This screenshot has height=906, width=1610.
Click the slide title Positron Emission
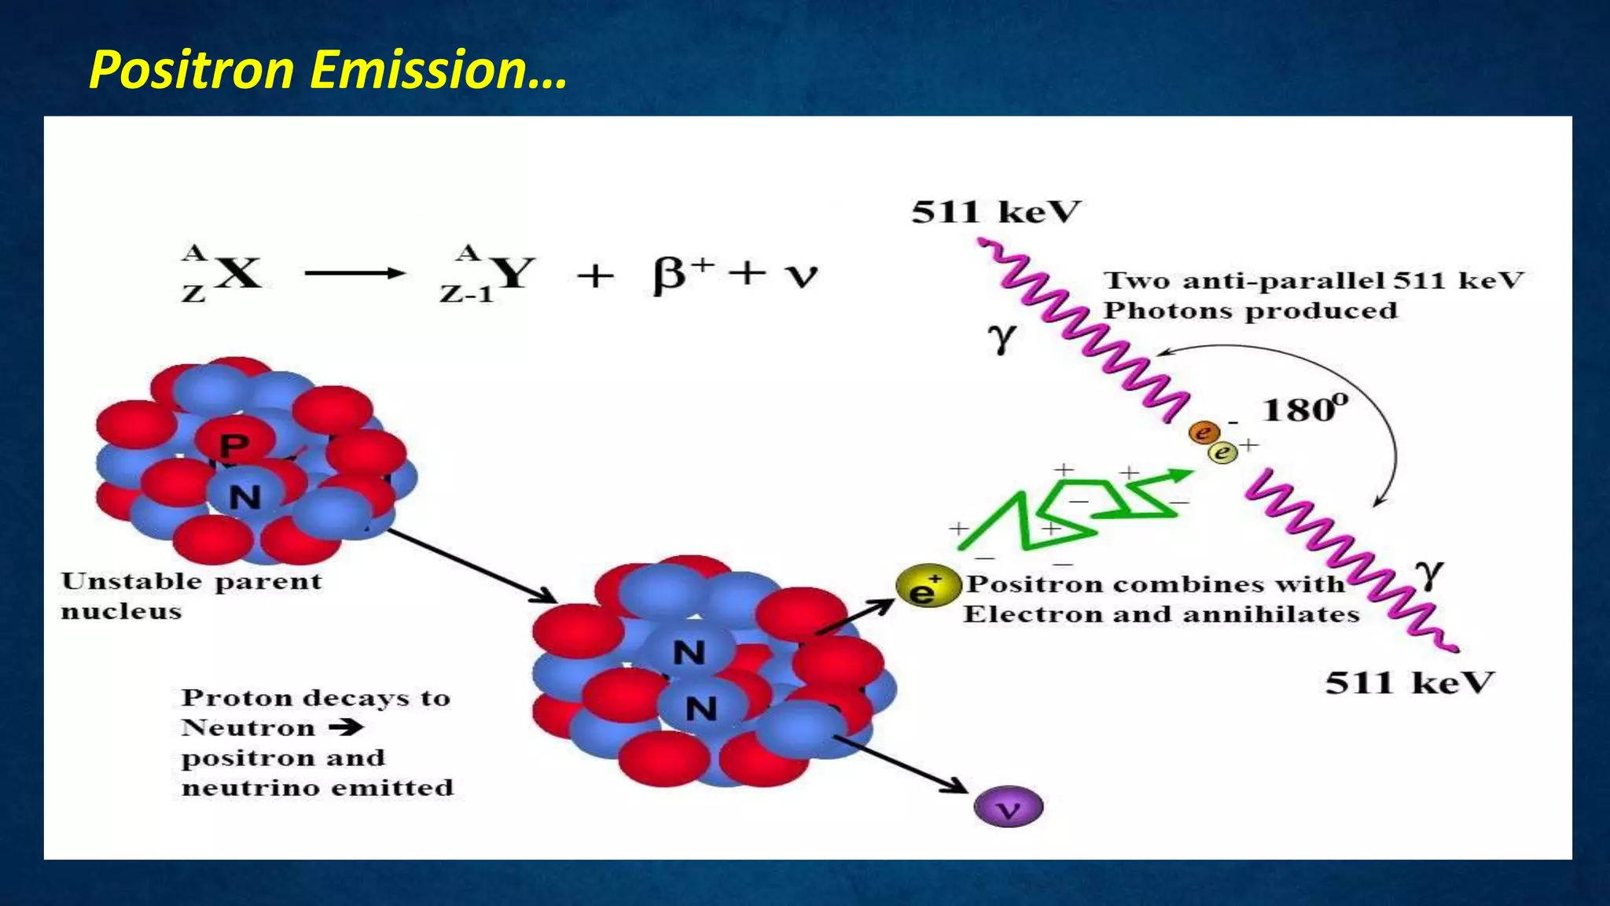tap(327, 70)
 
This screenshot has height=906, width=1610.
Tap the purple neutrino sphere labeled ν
tap(1008, 808)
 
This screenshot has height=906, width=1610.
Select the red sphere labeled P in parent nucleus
tap(234, 445)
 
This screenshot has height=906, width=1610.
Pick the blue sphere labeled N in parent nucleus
tap(244, 496)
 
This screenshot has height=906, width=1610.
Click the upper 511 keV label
tap(996, 212)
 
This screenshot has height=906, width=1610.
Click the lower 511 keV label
tap(1410, 683)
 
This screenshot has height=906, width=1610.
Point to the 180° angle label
tap(1304, 410)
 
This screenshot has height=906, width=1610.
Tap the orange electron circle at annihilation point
tap(1204, 433)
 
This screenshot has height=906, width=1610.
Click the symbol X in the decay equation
tap(238, 274)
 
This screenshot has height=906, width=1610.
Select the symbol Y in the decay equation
tap(515, 274)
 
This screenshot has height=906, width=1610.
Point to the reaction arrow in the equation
tap(355, 274)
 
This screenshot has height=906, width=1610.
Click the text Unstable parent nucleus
tap(191, 596)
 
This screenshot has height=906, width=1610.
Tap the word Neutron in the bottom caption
tap(248, 727)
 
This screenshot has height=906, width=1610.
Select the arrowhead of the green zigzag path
tap(1179, 475)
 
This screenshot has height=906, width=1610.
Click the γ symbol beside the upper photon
tap(1001, 338)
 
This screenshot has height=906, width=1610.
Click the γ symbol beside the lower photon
tap(1432, 574)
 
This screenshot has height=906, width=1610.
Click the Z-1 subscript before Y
tap(465, 295)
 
